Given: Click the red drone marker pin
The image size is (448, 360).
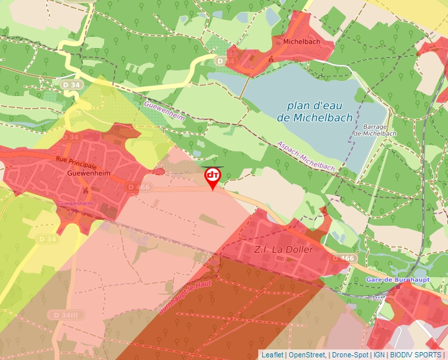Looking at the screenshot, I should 213,176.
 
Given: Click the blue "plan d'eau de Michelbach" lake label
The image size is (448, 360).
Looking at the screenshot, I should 312,111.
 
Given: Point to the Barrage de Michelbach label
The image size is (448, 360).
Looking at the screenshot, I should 375,130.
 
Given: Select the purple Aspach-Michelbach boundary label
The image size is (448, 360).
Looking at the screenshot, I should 306,157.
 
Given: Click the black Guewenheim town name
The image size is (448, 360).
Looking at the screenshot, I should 88,174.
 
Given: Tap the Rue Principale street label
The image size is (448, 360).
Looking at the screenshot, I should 76,162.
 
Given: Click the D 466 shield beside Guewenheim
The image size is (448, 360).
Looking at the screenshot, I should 139,188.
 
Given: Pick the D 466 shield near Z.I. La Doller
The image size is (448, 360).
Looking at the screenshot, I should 343,259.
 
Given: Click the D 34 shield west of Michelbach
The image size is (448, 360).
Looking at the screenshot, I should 225,61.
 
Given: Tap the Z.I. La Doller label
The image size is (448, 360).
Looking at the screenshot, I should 283,250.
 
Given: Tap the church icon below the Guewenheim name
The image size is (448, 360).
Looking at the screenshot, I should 87,191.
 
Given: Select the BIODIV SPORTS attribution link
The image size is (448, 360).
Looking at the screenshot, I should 415,355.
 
